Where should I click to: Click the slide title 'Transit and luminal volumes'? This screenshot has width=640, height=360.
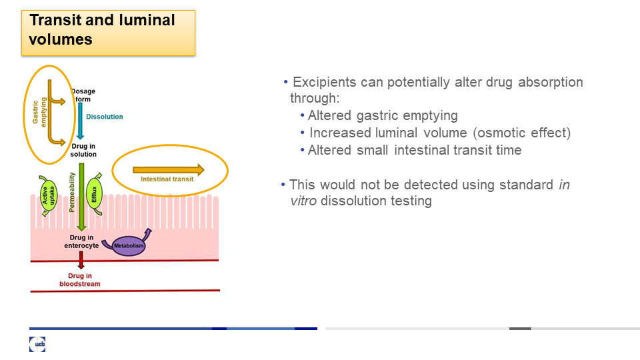click(102, 29)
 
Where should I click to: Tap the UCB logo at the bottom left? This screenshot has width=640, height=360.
click(37, 344)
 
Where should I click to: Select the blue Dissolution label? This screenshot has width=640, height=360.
click(105, 117)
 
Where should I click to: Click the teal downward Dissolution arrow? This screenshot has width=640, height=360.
click(81, 121)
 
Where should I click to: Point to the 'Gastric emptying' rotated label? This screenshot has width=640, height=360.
click(39, 112)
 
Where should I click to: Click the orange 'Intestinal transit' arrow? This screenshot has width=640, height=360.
click(169, 170)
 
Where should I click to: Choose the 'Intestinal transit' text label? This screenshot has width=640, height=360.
click(167, 179)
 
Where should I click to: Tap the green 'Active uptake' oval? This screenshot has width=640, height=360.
click(48, 196)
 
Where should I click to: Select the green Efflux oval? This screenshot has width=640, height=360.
click(94, 194)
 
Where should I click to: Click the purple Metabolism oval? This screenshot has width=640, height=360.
click(129, 246)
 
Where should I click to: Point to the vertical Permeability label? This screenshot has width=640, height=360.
click(72, 192)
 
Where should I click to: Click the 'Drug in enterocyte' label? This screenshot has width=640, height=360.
click(81, 241)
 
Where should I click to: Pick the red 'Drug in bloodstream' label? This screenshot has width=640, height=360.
click(80, 280)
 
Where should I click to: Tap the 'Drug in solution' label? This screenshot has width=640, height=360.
click(83, 150)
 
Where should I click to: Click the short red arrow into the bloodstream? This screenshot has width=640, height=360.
click(81, 260)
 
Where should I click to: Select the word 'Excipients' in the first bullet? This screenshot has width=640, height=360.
click(325, 83)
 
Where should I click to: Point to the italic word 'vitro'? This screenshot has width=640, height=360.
click(303, 201)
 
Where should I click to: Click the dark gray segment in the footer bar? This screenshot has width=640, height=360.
click(520, 329)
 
